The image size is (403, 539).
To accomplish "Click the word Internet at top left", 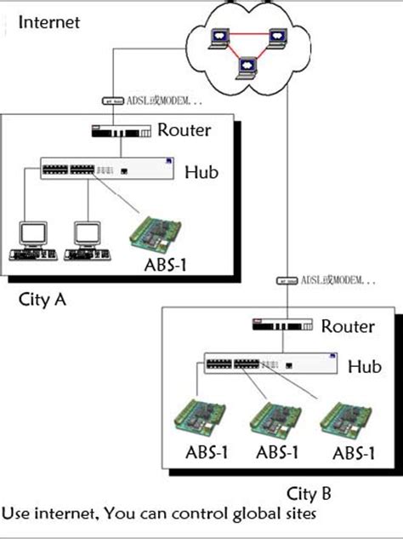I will [x=48, y=21].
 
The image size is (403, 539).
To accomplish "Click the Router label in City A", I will [x=184, y=130].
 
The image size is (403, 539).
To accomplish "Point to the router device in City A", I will [x=122, y=131].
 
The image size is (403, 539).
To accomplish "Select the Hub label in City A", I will [x=201, y=172].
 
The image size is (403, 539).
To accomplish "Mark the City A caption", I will [x=43, y=300].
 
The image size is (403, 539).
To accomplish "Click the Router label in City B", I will [x=347, y=326].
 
